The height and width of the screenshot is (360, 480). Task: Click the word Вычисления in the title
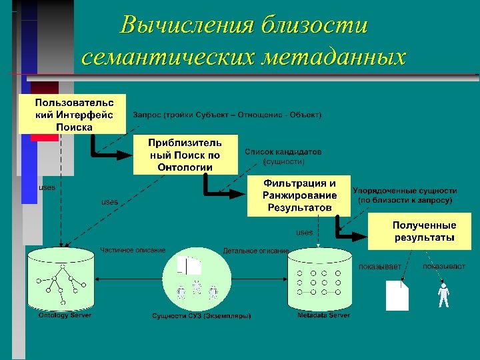coord(187,25)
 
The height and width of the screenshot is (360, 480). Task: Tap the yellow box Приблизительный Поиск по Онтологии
coord(185,155)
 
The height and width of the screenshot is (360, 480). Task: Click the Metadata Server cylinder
coord(319,280)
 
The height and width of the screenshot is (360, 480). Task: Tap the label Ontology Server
coord(65,315)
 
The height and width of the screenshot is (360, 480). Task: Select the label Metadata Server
coord(323,315)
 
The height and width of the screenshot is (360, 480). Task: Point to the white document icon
coord(397,295)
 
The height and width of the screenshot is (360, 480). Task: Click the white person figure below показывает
coord(443,295)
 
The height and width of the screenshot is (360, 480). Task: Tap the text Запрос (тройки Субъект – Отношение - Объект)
coord(227,115)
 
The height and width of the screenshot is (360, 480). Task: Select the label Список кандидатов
coord(283,152)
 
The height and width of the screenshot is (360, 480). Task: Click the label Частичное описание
coord(133,250)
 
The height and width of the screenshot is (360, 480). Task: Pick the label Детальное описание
coord(255,251)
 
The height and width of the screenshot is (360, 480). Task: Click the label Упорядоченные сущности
coord(405,190)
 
